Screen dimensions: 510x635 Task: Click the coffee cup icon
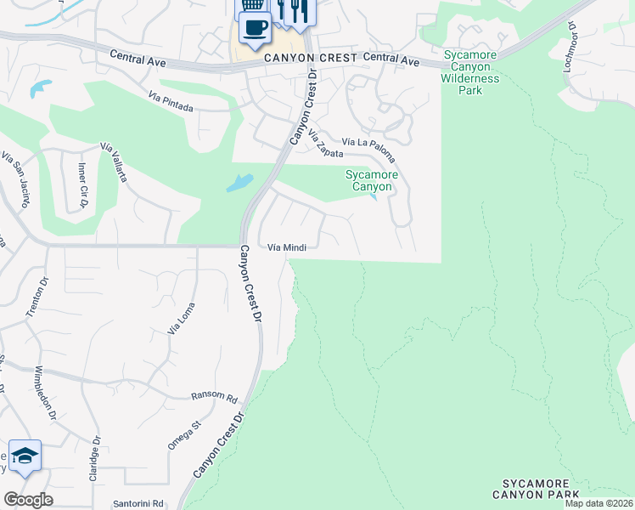[255, 27]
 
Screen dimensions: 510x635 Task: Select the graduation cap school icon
[25, 457]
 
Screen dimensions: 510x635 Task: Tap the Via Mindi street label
[286, 247]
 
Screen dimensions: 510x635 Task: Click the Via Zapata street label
[326, 144]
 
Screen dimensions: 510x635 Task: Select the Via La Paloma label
[368, 148]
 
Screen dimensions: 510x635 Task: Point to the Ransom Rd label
[214, 397]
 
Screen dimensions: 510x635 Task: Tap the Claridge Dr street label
[96, 460]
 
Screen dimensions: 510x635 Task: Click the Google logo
[28, 500]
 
